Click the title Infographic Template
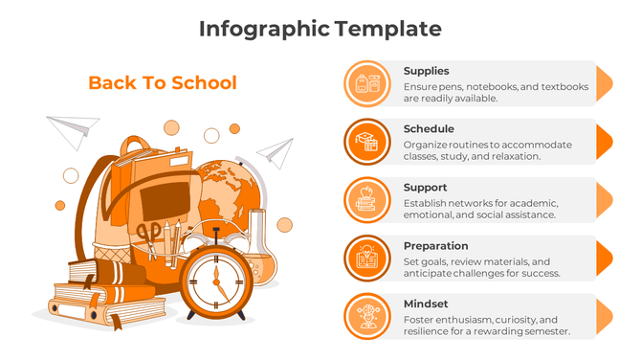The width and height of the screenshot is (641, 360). click(320, 29)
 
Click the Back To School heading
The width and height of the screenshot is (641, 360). click(162, 82)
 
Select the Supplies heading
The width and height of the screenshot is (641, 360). click(426, 71)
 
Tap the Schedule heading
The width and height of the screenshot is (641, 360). click(429, 129)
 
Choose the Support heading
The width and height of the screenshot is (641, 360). click(425, 188)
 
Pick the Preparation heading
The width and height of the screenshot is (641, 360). click(435, 246)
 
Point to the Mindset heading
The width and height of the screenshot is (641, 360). click(425, 304)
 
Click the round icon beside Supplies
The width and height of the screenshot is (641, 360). click(365, 82)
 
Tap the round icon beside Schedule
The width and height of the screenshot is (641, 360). click(365, 141)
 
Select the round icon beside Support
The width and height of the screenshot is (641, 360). click(365, 199)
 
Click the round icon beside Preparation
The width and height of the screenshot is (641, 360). click(365, 258)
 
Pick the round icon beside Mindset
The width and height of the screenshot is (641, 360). click(365, 316)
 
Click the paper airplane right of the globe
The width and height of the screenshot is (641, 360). click(277, 150)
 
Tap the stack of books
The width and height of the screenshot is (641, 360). click(91, 295)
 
